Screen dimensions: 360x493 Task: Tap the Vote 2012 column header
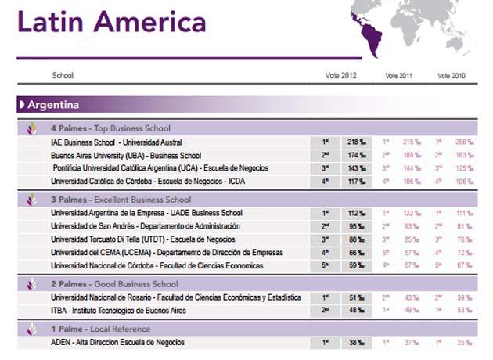point(340,75)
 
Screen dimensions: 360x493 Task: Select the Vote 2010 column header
point(451,75)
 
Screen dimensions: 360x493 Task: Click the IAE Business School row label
point(117,142)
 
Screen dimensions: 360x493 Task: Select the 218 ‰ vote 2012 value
point(355,142)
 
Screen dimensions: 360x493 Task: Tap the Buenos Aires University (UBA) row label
point(126,156)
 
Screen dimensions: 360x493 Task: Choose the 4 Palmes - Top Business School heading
point(110,128)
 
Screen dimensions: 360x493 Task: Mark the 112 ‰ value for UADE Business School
point(355,213)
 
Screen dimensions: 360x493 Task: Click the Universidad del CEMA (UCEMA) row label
point(156,253)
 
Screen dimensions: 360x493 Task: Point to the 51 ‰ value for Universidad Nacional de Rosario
point(355,297)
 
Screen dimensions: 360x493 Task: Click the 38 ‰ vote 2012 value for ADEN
point(355,343)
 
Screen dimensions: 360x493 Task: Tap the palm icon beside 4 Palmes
point(32,128)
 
